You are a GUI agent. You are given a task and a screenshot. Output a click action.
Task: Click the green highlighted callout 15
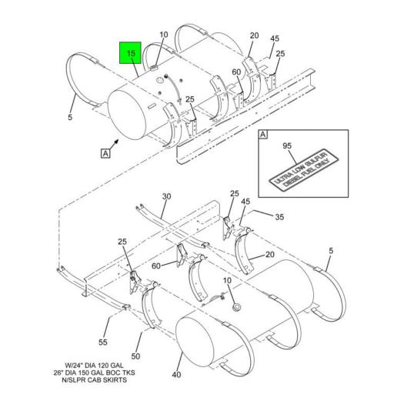tap(130, 53)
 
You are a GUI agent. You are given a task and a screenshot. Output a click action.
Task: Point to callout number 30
tap(165, 197)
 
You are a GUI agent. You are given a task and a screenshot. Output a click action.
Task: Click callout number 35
tap(279, 218)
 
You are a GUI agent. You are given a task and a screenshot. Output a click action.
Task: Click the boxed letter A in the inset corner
tap(263, 136)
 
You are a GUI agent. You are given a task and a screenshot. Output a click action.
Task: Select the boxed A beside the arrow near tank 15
tap(105, 152)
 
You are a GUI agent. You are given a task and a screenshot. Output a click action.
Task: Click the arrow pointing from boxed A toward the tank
tap(115, 142)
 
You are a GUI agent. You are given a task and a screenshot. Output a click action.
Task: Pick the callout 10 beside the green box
tap(163, 35)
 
